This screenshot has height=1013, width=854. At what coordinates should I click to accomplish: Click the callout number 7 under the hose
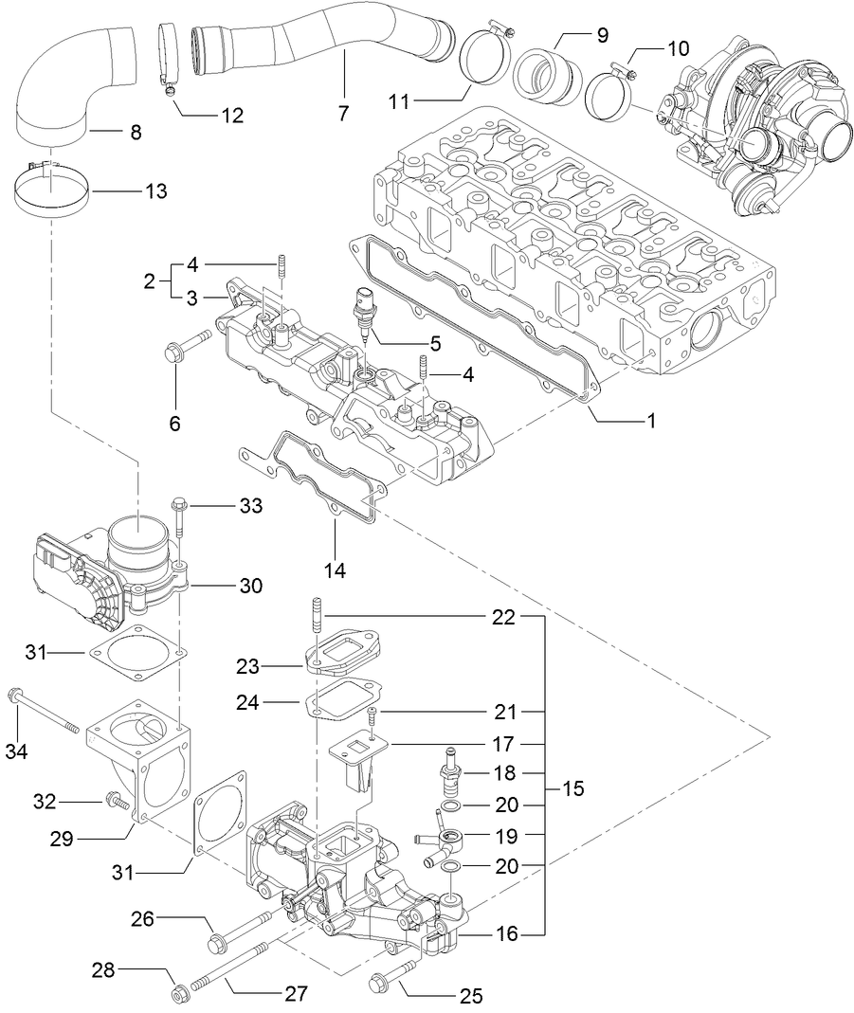344,114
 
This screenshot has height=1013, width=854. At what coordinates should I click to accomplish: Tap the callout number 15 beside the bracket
572,788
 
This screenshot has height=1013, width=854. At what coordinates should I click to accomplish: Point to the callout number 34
15,751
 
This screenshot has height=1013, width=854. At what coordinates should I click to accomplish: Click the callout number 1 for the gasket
651,419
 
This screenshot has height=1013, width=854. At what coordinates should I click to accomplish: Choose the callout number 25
471,995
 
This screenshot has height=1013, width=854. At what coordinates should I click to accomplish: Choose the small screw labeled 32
117,801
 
